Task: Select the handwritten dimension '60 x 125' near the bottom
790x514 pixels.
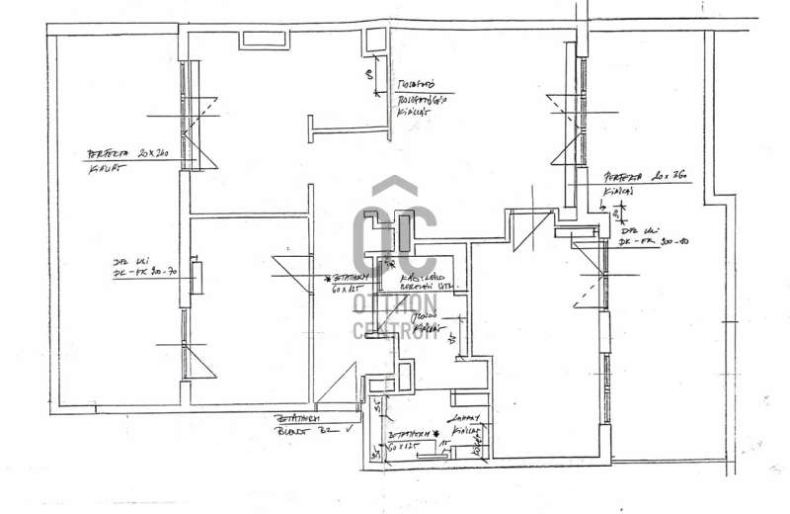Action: pos(403,448)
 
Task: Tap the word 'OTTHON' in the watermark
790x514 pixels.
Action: pos(395,302)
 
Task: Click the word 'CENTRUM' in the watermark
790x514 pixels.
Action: pos(395,330)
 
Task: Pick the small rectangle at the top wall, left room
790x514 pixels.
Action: pos(263,41)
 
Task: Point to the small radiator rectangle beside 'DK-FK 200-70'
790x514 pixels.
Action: pos(197,278)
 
